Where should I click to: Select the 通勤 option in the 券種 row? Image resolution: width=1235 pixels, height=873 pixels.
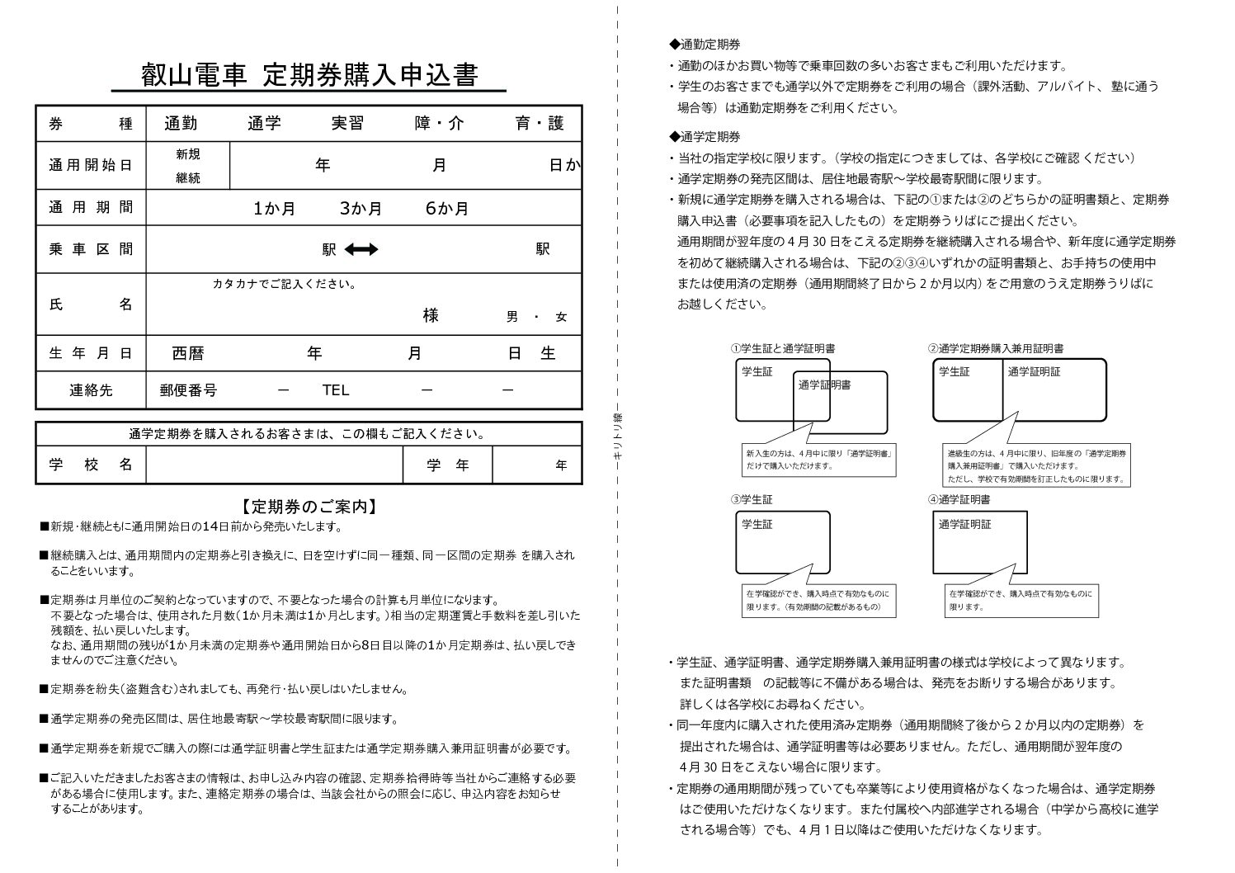(181, 124)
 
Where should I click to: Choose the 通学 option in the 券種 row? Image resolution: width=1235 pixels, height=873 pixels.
(264, 124)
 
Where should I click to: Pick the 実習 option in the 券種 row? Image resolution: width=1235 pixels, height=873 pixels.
(347, 124)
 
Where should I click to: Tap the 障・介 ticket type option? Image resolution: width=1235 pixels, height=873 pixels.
(439, 124)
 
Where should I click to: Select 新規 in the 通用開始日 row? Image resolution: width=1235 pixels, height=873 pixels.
(187, 154)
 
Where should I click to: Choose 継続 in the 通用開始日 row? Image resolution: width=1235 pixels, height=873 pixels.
(187, 177)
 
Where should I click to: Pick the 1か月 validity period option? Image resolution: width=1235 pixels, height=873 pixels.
(275, 209)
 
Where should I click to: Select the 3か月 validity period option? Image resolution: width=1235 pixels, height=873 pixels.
(361, 209)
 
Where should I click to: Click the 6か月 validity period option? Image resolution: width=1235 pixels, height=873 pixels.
(447, 209)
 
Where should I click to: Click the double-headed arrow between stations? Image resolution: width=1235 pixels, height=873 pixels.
(361, 249)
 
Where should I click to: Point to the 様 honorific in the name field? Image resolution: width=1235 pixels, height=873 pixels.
(431, 315)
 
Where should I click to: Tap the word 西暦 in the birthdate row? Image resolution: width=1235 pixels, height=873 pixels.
(187, 354)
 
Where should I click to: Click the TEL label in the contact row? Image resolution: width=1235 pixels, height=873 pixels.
(335, 390)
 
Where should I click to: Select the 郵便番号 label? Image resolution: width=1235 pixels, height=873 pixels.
(188, 390)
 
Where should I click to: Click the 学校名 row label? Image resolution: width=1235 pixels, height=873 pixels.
(91, 465)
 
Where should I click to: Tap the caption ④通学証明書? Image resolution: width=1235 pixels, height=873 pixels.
(959, 499)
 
